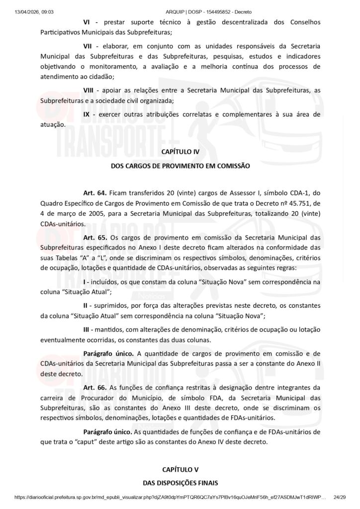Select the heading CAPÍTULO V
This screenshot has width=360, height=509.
(180, 469)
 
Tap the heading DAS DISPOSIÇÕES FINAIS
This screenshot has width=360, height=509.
(180, 482)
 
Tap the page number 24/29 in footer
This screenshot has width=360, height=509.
(340, 497)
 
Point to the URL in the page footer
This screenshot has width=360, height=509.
(169, 497)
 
